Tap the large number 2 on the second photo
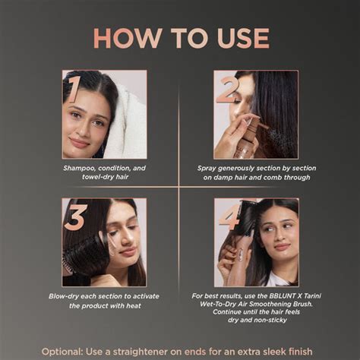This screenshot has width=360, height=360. pos(226,89)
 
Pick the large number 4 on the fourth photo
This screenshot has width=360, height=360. pos(227,219)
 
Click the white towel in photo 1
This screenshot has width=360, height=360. pos(130,122)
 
